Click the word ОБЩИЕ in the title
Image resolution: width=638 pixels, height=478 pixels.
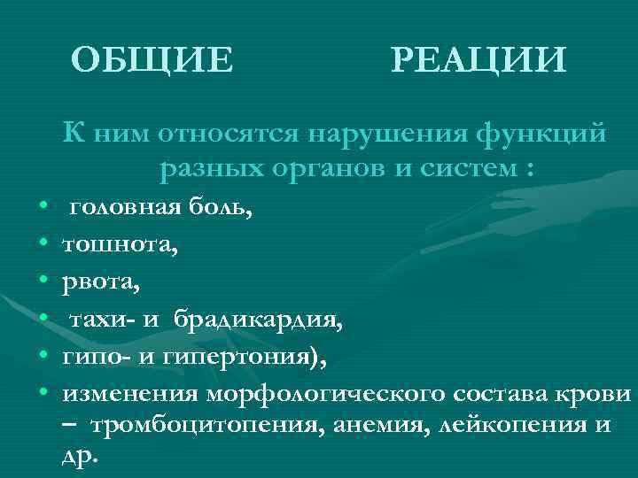[152, 60]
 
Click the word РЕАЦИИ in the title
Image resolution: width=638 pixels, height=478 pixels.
[477, 60]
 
